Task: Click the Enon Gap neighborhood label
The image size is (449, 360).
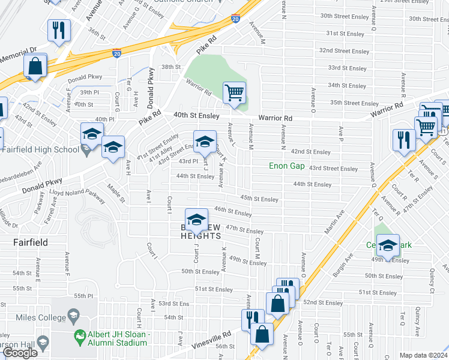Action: [x=287, y=166]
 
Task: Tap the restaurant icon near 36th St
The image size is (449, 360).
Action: [x=59, y=31]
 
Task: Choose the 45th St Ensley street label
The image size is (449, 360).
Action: [x=259, y=199]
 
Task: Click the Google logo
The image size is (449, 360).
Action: [x=20, y=353]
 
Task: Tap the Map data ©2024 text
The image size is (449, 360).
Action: [x=424, y=355]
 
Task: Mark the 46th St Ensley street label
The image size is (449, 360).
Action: [x=233, y=211]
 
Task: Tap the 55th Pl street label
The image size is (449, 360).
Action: [x=83, y=296]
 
